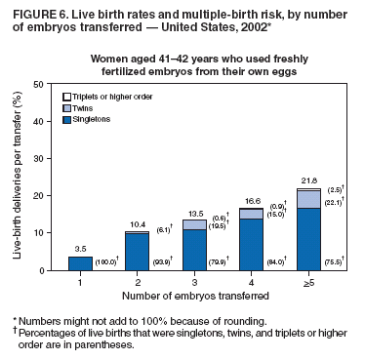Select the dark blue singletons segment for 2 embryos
(x=137, y=253)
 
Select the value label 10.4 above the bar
(x=137, y=224)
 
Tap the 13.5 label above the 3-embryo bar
(x=193, y=213)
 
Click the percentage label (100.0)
(x=106, y=263)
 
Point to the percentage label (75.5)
(x=335, y=263)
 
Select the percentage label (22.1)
(x=335, y=201)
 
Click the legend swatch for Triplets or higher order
(x=66, y=98)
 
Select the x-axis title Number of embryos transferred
(x=193, y=297)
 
